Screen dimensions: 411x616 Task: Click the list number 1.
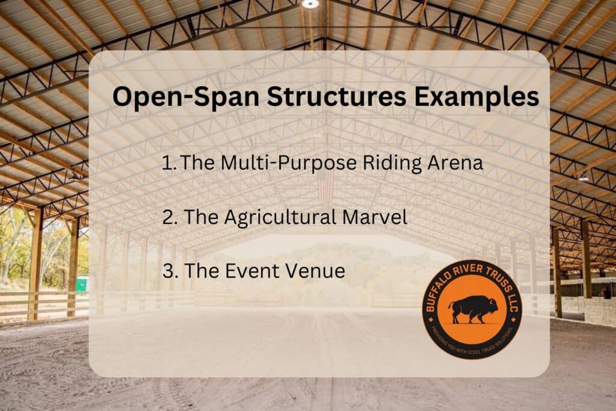point(168,162)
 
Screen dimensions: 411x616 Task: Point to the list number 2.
point(169,217)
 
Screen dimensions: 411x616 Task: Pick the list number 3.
point(169,271)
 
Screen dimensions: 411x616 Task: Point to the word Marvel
point(378,217)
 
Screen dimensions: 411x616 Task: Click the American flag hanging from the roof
point(325,185)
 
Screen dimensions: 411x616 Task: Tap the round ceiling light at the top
point(310,4)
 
